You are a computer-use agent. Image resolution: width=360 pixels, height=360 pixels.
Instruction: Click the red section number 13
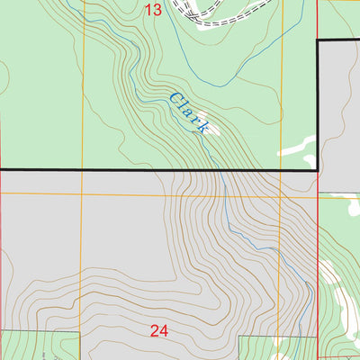(x=153, y=10)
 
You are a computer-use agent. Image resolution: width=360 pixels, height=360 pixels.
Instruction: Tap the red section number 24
(x=159, y=331)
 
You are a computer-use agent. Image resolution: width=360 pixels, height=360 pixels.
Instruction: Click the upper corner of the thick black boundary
(x=319, y=41)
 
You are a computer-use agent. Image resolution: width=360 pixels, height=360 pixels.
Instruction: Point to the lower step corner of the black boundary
(x=319, y=169)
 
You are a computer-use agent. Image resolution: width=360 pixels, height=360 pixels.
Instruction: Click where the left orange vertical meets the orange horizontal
(x=82, y=193)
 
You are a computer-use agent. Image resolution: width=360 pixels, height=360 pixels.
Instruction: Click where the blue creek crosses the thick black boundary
(x=214, y=169)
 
